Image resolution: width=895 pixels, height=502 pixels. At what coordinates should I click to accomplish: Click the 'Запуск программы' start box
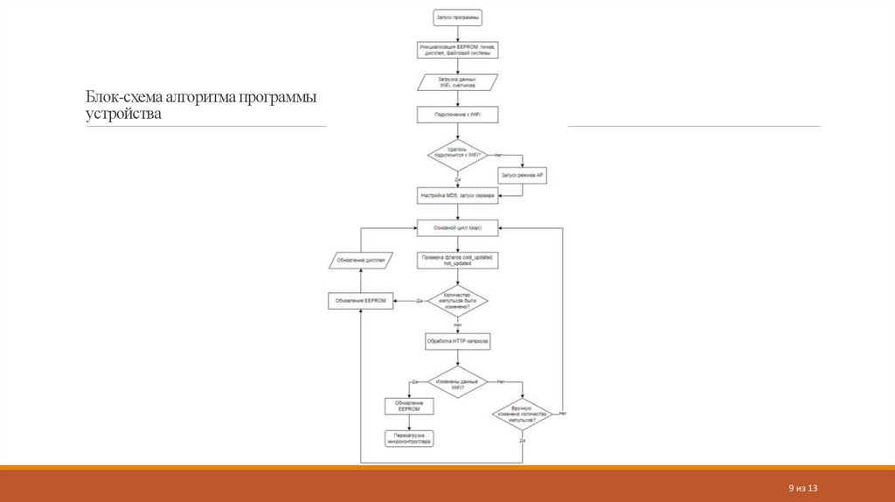458,17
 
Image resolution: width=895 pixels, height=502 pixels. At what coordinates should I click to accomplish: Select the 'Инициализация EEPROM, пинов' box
458,49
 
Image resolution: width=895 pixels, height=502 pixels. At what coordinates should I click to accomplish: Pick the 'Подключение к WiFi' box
458,114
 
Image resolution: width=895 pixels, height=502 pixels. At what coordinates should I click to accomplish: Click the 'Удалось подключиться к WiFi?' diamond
457,155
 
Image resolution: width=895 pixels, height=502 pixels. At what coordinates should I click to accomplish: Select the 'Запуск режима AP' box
522,176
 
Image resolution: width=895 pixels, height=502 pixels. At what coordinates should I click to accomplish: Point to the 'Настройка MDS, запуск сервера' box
458,196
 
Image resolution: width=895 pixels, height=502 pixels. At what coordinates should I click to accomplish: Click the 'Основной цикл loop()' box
458,227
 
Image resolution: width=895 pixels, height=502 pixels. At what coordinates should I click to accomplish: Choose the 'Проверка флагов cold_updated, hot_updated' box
458,260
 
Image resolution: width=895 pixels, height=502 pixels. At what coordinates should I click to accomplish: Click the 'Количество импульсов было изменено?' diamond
457,301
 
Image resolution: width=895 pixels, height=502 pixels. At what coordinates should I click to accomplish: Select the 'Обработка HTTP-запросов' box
458,341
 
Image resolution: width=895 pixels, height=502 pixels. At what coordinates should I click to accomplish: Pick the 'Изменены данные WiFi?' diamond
457,382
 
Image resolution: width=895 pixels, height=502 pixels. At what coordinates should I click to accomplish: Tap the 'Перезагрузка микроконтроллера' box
409,438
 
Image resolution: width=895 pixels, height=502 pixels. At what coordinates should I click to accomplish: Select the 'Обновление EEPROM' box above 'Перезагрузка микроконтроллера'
409,407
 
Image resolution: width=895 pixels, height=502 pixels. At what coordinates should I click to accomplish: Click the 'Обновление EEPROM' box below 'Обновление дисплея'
360,301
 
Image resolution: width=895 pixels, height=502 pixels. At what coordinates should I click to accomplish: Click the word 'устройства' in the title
123,115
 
